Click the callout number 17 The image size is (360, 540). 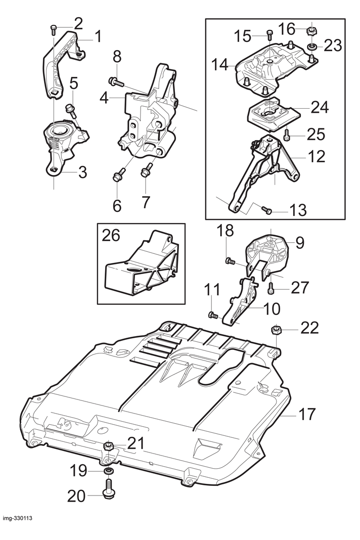[x=307, y=414]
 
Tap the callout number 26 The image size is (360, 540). [x=111, y=236]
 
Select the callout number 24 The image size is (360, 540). [x=320, y=107]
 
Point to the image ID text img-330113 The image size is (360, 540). [x=18, y=528]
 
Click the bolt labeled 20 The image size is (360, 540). [x=108, y=488]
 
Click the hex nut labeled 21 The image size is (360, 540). [x=108, y=446]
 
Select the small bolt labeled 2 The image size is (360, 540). [x=53, y=29]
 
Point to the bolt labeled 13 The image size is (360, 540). [x=266, y=209]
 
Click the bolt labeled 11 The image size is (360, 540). [x=213, y=315]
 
